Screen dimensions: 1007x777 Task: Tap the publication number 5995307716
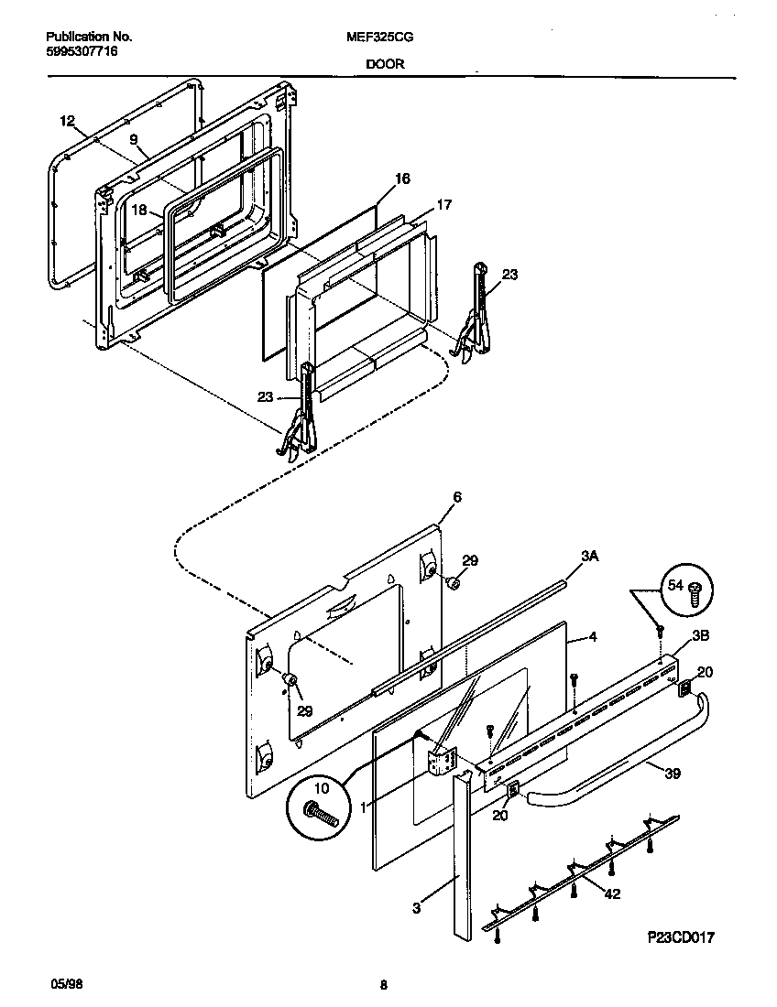(82, 51)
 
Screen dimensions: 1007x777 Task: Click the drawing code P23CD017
(679, 937)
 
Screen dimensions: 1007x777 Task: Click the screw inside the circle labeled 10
(322, 812)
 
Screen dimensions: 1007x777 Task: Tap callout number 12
(67, 121)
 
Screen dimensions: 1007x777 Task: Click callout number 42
(612, 893)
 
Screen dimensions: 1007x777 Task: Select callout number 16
(402, 179)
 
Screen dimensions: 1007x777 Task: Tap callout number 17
(443, 205)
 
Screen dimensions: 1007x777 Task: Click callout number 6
(457, 497)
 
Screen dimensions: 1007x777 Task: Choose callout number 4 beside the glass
(593, 636)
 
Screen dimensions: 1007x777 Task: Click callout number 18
(138, 210)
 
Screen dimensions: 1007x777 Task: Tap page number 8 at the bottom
(383, 985)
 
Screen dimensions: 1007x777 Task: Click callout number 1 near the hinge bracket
(364, 807)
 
